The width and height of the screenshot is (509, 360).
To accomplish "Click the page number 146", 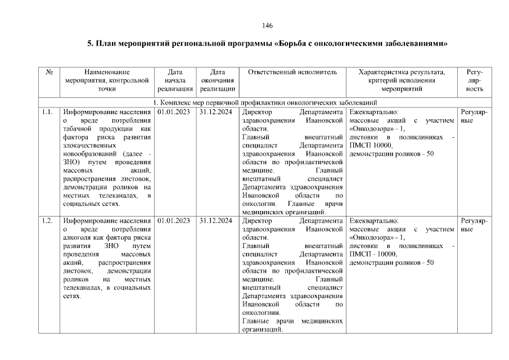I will (x=268, y=26).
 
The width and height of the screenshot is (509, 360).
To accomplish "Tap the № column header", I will (x=49, y=72).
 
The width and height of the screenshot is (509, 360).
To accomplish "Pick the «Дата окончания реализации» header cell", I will (x=217, y=80).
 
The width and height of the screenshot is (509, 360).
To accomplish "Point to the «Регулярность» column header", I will (x=475, y=80).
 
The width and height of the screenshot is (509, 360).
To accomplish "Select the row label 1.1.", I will (x=47, y=112).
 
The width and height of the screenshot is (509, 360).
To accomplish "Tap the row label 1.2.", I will (x=47, y=220).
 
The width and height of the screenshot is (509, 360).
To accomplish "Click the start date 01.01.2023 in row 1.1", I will (x=174, y=112).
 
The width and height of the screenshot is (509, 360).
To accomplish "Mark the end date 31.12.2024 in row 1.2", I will (x=217, y=220).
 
